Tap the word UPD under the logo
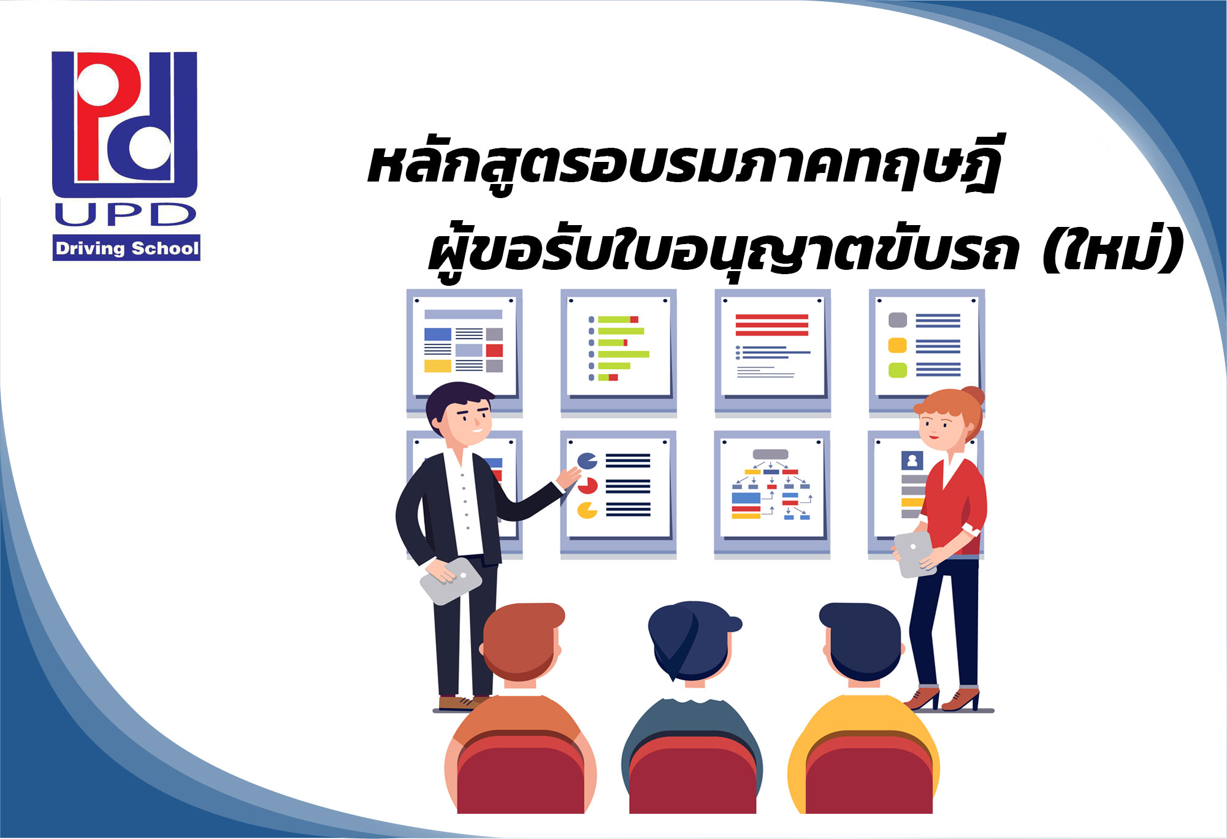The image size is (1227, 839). pos(126,215)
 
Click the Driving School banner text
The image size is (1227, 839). pos(127,248)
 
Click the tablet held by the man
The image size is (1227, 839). pos(450,580)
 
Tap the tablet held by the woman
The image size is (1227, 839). pos(913,554)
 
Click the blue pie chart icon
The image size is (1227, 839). pos(587,461)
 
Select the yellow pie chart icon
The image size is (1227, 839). pos(587,510)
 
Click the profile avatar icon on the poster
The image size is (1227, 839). pos(912,460)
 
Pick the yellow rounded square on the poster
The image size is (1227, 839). pos(897,345)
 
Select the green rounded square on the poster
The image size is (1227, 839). pos(897,370)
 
